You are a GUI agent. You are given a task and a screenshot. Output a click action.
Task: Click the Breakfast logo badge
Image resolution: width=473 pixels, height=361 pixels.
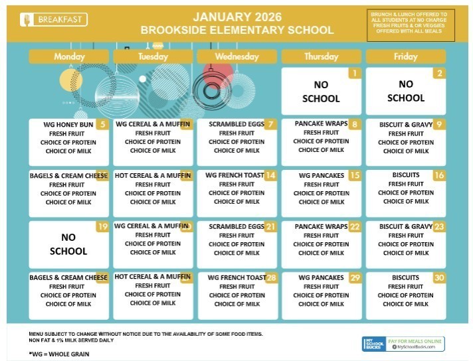pos(54,20)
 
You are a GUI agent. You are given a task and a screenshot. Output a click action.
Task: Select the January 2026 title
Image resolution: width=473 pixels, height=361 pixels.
pos(236,17)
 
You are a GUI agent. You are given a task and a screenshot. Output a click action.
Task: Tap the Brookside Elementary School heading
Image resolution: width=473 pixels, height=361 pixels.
pos(236,31)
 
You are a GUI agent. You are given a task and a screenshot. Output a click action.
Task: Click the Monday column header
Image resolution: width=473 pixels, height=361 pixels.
pos(69,57)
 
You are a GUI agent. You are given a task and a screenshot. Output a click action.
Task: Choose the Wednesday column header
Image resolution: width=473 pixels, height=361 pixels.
pos(236,57)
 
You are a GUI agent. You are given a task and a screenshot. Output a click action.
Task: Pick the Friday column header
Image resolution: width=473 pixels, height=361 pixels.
pos(405,57)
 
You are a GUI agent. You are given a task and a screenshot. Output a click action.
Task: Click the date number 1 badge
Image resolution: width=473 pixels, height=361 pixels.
pos(355,74)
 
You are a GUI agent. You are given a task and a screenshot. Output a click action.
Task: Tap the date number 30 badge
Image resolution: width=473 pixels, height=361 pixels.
pos(439,277)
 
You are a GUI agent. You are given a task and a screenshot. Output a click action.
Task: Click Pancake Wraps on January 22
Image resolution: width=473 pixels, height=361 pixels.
pos(322,227)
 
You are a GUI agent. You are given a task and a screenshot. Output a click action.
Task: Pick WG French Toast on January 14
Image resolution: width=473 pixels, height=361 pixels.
pos(235,176)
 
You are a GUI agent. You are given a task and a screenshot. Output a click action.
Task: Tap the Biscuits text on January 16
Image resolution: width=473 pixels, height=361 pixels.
pos(405,176)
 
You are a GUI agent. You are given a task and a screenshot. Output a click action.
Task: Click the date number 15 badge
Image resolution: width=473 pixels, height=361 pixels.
pos(355,176)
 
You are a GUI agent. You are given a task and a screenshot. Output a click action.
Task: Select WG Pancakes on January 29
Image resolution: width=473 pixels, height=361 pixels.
pos(321,277)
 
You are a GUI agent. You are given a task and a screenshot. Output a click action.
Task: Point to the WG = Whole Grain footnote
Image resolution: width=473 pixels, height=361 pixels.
pos(59,354)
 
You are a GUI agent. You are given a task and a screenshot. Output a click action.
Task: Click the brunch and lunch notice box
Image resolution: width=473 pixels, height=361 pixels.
pos(411,25)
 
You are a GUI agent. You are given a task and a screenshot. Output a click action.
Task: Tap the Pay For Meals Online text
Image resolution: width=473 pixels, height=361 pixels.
pos(417,340)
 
